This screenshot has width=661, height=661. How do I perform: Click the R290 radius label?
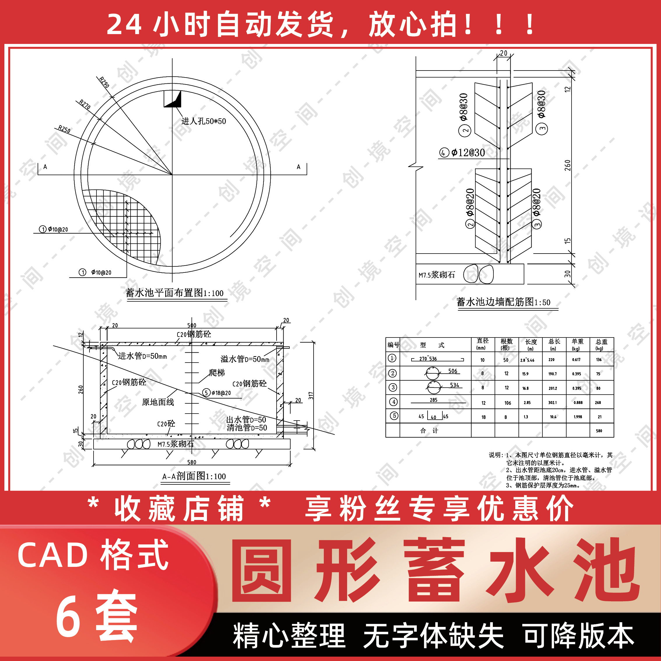pos(104,82)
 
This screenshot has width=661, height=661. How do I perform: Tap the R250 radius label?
pos(64,129)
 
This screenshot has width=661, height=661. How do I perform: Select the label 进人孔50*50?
pos(203,121)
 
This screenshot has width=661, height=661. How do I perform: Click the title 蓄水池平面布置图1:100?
pos(175,293)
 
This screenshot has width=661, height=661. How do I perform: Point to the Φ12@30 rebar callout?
pos(468,153)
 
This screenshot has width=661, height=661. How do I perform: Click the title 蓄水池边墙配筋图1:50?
pos(503,302)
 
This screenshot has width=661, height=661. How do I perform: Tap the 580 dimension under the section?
pos(191,462)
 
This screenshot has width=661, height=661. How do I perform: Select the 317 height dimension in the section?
pos(311,395)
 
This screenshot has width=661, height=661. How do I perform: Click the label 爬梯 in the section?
pos(217,372)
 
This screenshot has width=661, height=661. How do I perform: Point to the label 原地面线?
pos(158,402)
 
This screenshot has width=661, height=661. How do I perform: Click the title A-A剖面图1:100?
pos(194,476)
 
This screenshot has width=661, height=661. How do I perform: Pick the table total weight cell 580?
pos(599,431)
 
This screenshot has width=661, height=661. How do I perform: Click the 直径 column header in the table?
pos(482,344)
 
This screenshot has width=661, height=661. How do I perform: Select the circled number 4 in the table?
pos(393,402)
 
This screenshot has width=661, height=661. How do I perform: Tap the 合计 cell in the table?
pos(429,431)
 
